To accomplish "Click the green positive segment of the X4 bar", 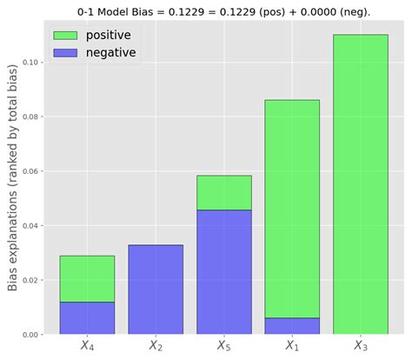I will click(87, 278).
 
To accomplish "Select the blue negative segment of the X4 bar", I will click(87, 317).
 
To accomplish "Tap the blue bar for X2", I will click(156, 290).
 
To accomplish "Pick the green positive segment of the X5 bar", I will click(224, 192).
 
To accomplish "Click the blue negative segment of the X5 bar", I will click(224, 272).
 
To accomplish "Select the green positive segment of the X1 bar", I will click(292, 209).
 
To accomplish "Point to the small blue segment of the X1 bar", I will click(292, 326).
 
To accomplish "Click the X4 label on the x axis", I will click(87, 345).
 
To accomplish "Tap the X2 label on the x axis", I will click(156, 345).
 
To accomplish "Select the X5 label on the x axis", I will click(224, 345).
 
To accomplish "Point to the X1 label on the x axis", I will click(292, 345).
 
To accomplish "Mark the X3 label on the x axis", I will click(361, 345).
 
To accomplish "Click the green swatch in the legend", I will click(65, 36).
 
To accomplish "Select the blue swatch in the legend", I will click(65, 53).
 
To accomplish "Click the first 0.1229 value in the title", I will click(191, 10).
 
